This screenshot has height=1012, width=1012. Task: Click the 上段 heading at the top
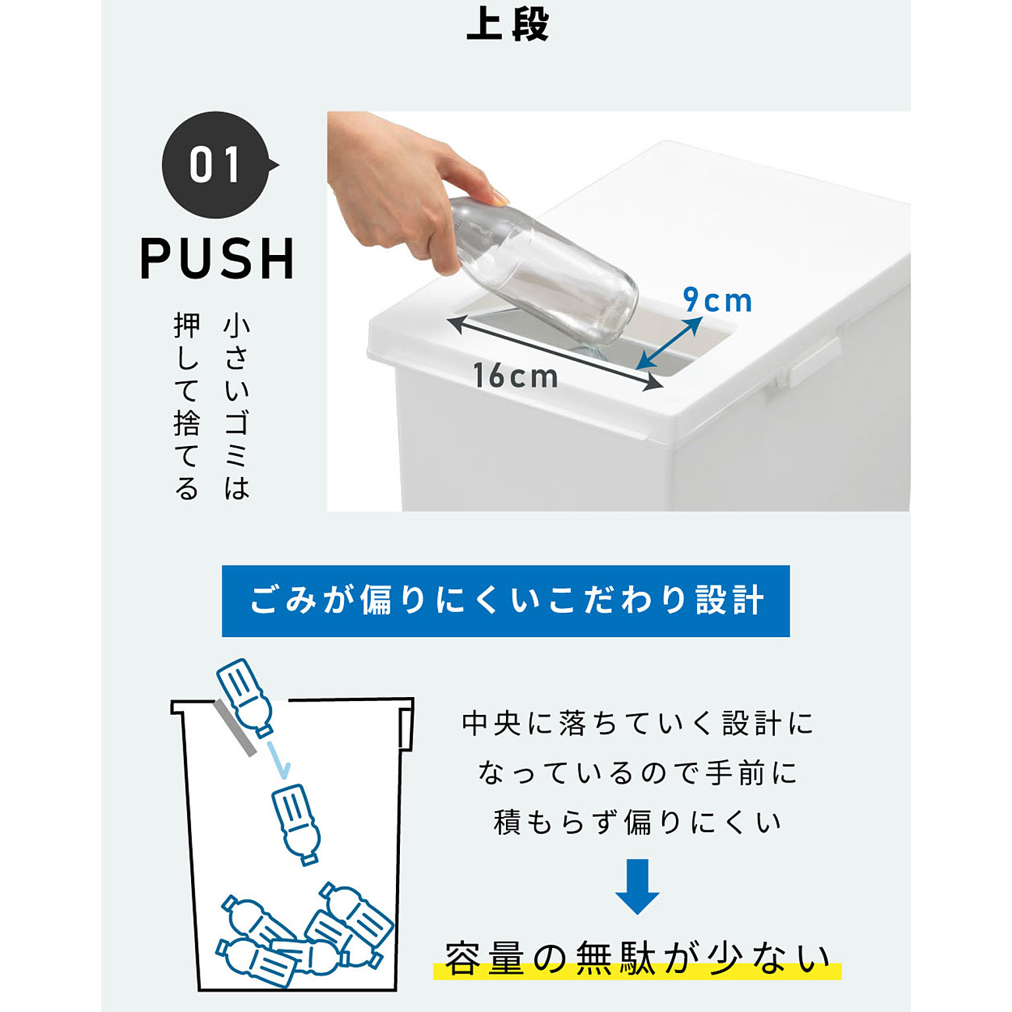pyautogui.click(x=507, y=25)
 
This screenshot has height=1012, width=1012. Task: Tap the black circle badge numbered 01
pyautogui.click(x=216, y=165)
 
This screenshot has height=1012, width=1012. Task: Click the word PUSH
pyautogui.click(x=217, y=259)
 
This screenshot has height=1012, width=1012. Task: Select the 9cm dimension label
pyautogui.click(x=717, y=300)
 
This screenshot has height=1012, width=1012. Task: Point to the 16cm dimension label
pyautogui.click(x=516, y=376)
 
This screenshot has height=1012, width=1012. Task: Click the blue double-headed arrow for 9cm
pyautogui.click(x=669, y=343)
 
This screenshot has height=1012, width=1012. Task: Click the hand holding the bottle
pyautogui.click(x=402, y=184)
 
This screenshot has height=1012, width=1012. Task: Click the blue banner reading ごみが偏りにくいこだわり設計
pyautogui.click(x=505, y=600)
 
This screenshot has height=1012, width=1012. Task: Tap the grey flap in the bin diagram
pyautogui.click(x=235, y=728)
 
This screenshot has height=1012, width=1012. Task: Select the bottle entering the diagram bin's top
pyautogui.click(x=244, y=696)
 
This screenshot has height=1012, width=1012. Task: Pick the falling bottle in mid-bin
pyautogui.click(x=296, y=823)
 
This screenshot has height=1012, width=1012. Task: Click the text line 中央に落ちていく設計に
pyautogui.click(x=637, y=723)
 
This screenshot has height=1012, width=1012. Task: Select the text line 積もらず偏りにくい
pyautogui.click(x=637, y=822)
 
